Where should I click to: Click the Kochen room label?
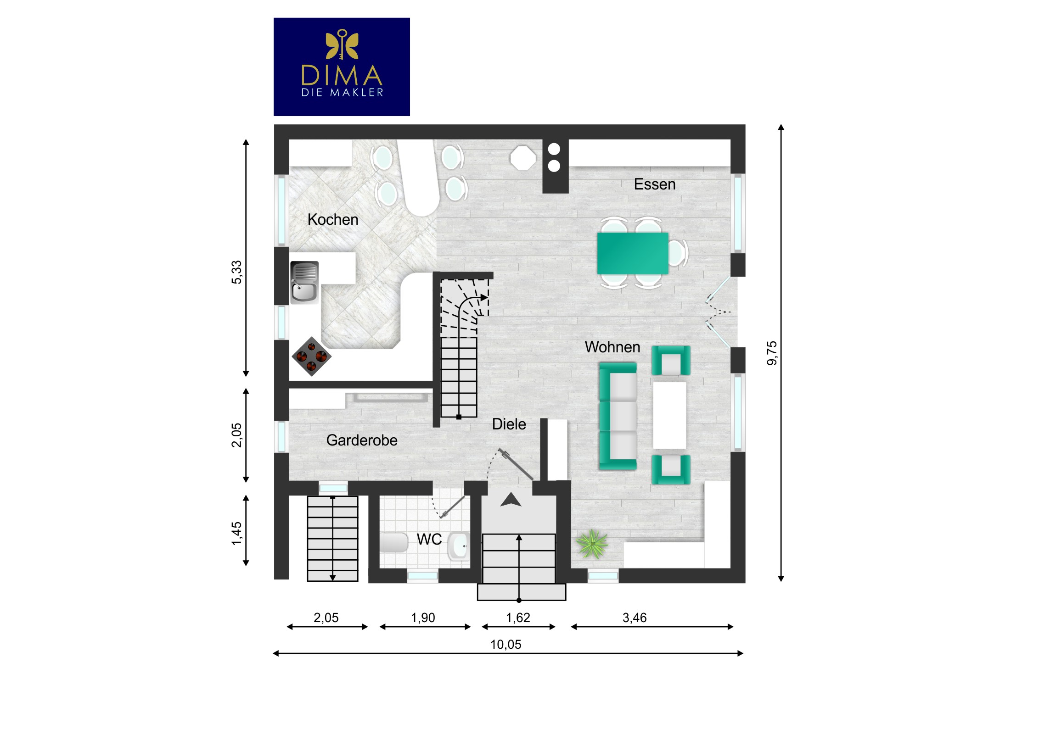click(x=332, y=220)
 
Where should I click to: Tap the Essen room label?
click(x=654, y=184)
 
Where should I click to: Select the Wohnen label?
click(x=612, y=347)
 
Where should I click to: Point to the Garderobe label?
click(x=361, y=440)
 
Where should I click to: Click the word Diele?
click(x=509, y=424)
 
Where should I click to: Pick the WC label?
click(x=429, y=539)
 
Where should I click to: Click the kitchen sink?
click(x=304, y=283)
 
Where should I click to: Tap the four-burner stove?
click(x=311, y=356)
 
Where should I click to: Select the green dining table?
click(x=632, y=253)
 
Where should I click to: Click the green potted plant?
click(x=592, y=544)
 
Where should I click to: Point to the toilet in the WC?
click(x=394, y=542)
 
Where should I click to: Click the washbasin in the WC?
click(x=459, y=546)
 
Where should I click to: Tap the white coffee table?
click(x=669, y=415)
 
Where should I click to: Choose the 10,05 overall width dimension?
click(x=506, y=645)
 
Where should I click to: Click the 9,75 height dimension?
click(x=772, y=353)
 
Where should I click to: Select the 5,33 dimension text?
click(x=236, y=272)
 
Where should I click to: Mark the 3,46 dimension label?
click(x=634, y=618)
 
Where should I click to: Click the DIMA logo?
click(x=342, y=67)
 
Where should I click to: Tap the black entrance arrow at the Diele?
click(x=511, y=500)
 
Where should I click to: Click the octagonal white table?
click(x=523, y=158)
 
